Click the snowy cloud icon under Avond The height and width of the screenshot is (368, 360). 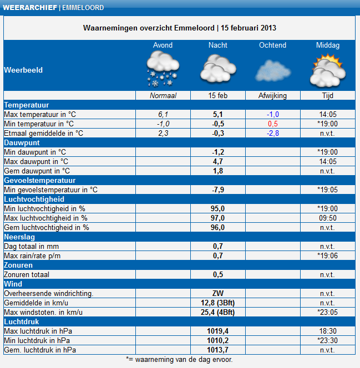(163, 69)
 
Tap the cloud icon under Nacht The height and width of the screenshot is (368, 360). (218, 69)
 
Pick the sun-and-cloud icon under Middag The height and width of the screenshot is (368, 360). (328, 69)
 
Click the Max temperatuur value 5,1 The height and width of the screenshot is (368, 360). (218, 114)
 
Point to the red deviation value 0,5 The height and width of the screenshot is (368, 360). (273, 124)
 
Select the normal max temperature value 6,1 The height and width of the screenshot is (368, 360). (163, 114)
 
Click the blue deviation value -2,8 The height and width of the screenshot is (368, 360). (273, 133)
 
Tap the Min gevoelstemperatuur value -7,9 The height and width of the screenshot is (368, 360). (218, 190)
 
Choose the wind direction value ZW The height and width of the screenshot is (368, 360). (218, 293)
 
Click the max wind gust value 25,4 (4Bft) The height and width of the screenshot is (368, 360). (218, 312)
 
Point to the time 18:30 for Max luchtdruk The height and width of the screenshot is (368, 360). (328, 331)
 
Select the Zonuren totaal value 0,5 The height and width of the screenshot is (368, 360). (218, 274)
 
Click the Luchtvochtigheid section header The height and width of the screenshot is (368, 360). (34, 199)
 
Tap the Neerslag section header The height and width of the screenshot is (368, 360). (19, 237)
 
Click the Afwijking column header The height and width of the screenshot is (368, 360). (273, 95)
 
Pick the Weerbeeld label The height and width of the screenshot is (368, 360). (23, 70)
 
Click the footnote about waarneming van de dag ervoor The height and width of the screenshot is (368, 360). (180, 359)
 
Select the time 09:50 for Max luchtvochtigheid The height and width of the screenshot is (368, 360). (328, 218)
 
